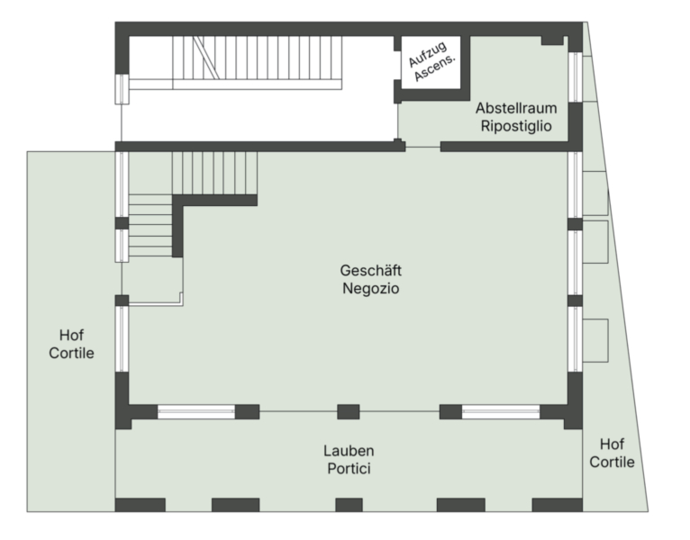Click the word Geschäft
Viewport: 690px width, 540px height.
(370, 270)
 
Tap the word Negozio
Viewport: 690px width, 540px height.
(370, 289)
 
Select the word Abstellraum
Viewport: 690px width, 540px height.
(516, 108)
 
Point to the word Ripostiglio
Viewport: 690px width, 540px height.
(516, 126)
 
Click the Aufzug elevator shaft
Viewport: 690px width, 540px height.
(431, 62)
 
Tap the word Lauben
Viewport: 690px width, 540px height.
(349, 451)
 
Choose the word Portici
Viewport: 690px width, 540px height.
(349, 469)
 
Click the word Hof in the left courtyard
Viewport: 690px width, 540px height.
(71, 335)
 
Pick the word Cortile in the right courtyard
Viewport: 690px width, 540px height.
(612, 463)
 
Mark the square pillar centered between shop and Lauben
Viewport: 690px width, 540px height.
(349, 412)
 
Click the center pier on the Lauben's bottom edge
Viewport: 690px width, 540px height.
(349, 505)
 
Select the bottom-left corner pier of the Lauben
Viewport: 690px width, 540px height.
(141, 505)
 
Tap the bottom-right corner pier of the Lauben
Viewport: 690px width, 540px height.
(557, 505)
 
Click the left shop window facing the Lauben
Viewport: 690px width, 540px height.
(196, 412)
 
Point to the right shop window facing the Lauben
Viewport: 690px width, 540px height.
(501, 412)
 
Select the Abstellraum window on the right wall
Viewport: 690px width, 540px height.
(575, 77)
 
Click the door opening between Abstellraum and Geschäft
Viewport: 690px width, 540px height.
(422, 147)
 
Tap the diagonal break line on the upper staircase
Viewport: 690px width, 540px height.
(206, 58)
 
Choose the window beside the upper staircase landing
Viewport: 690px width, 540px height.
(122, 89)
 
